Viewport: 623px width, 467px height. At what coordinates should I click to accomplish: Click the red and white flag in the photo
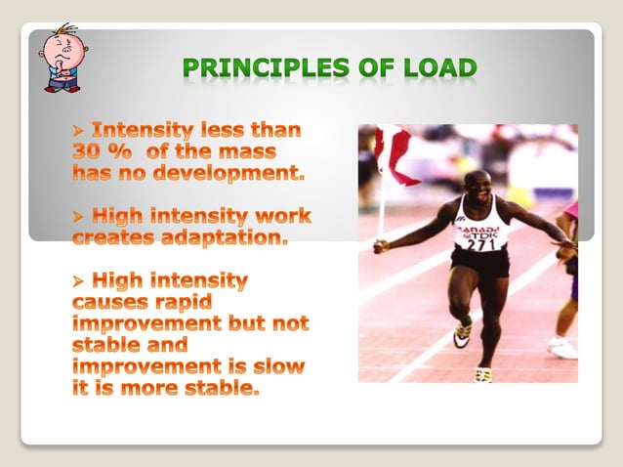(x=395, y=156)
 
